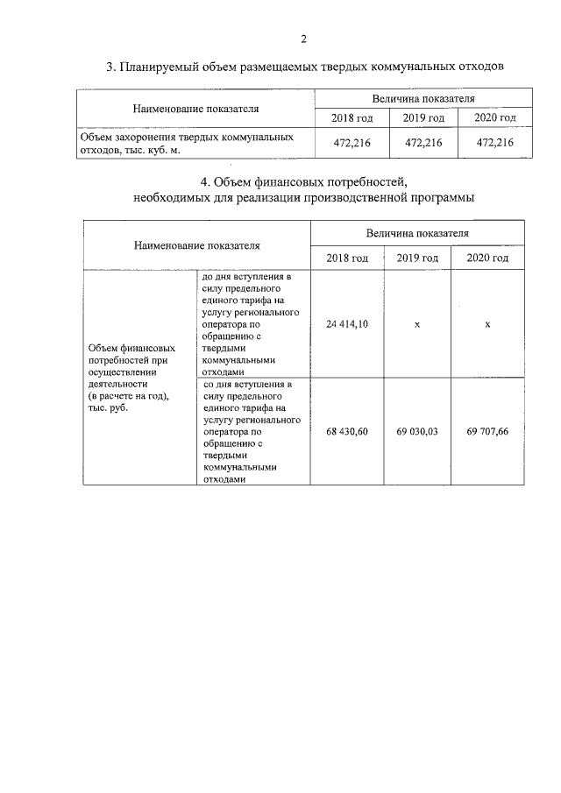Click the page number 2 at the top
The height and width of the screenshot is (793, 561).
click(303, 39)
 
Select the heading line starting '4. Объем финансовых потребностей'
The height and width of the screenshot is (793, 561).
click(304, 182)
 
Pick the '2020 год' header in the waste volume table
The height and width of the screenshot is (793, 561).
click(494, 118)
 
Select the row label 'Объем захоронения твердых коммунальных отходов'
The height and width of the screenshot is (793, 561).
click(186, 144)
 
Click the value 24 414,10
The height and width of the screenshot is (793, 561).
click(346, 324)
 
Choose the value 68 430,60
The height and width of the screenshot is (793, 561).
click(346, 432)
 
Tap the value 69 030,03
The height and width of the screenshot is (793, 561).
click(417, 432)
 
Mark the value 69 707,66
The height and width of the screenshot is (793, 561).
click(487, 432)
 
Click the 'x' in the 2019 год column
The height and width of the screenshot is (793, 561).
click(417, 324)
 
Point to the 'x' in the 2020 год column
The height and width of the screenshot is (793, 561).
click(487, 324)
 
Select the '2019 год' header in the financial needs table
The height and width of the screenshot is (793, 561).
click(417, 258)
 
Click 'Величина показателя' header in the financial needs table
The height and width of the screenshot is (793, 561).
click(417, 233)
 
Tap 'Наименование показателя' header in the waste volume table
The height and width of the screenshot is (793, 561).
click(195, 109)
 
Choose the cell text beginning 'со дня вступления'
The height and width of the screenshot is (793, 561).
click(252, 432)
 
